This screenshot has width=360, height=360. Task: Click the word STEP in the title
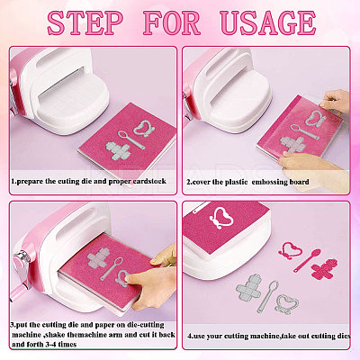click(x=85, y=22)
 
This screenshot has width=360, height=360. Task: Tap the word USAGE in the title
click(x=267, y=22)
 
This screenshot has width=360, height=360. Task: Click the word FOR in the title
click(x=172, y=22)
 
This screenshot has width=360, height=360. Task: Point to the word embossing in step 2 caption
click(x=268, y=182)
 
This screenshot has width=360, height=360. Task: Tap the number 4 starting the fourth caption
click(x=189, y=336)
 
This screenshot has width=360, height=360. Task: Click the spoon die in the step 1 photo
click(x=131, y=139)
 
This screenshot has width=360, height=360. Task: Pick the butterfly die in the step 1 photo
click(x=146, y=129)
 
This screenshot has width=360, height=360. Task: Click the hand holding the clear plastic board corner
click(x=335, y=101)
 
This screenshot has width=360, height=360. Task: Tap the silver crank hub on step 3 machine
click(x=22, y=257)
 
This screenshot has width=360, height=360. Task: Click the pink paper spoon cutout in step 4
click(x=307, y=260)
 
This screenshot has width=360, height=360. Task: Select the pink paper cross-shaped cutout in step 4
click(x=324, y=269)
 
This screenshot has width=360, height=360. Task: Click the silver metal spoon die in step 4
click(x=267, y=296)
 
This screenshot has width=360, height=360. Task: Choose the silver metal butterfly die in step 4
click(x=287, y=304)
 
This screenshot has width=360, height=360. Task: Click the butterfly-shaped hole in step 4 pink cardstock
click(x=221, y=218)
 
